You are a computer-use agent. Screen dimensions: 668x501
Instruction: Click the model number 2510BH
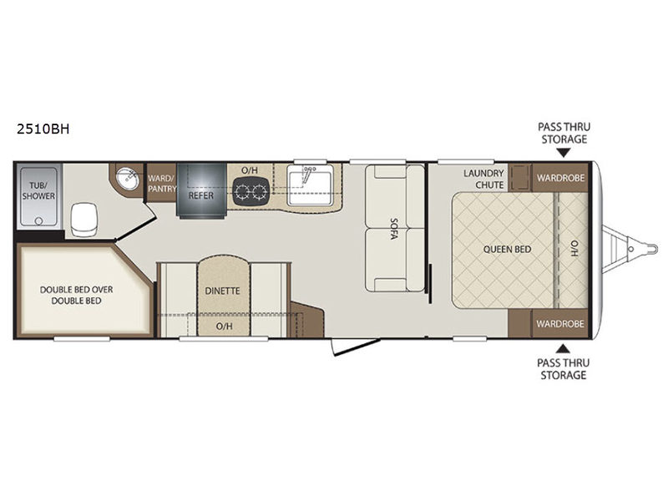[x=43, y=129]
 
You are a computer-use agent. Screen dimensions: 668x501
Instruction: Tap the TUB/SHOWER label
[x=38, y=190]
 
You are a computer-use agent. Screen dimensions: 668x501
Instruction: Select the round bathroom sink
[x=128, y=179]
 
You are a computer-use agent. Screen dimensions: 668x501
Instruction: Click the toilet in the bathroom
[x=84, y=219]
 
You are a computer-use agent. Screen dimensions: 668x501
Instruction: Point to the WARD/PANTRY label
[x=162, y=183]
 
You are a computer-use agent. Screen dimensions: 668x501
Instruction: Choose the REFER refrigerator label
[x=201, y=195]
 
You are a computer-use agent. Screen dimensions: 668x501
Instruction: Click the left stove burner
[x=242, y=191]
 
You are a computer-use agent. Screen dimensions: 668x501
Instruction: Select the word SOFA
[x=394, y=229]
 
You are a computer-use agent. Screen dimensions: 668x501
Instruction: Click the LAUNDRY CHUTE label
[x=483, y=179]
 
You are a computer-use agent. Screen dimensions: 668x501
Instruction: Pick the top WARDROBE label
[x=560, y=178]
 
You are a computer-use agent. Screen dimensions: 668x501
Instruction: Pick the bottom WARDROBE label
[x=560, y=324]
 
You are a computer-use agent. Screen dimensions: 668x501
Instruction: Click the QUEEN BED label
[x=507, y=249]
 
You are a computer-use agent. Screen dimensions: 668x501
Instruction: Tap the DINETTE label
[x=222, y=291]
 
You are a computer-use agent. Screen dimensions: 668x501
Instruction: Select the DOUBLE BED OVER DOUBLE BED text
[x=76, y=295]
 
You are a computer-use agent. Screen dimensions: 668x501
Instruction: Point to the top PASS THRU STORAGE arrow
[x=563, y=153]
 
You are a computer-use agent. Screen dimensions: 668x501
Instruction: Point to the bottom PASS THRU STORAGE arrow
[x=563, y=348]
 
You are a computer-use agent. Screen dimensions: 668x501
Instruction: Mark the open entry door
[x=357, y=347]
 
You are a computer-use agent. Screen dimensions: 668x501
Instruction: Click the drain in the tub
[x=38, y=220]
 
